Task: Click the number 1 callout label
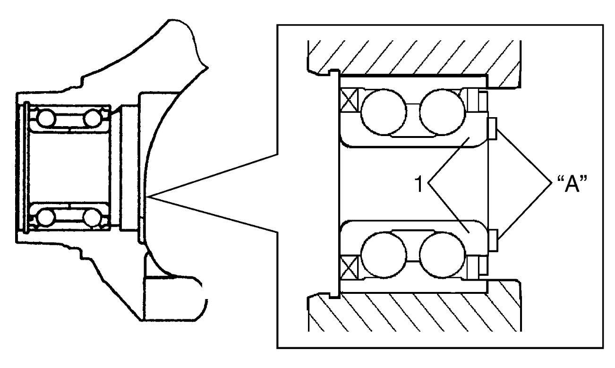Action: pyautogui.click(x=419, y=184)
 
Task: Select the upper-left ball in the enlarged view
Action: pyautogui.click(x=384, y=112)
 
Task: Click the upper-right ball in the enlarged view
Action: pyautogui.click(x=442, y=112)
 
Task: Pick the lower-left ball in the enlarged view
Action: pyautogui.click(x=384, y=255)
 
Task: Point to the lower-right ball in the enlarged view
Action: pyautogui.click(x=442, y=255)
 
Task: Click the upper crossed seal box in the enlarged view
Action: pyautogui.click(x=349, y=100)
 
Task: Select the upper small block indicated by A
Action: pyautogui.click(x=492, y=128)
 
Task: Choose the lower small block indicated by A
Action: pyautogui.click(x=493, y=240)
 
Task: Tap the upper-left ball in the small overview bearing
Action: pyautogui.click(x=47, y=118)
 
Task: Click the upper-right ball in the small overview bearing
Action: pyautogui.click(x=93, y=118)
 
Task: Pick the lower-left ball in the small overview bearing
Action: pyautogui.click(x=46, y=217)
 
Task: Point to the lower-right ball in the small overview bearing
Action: pyautogui.click(x=92, y=217)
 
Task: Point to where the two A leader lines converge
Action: pyautogui.click(x=551, y=183)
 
